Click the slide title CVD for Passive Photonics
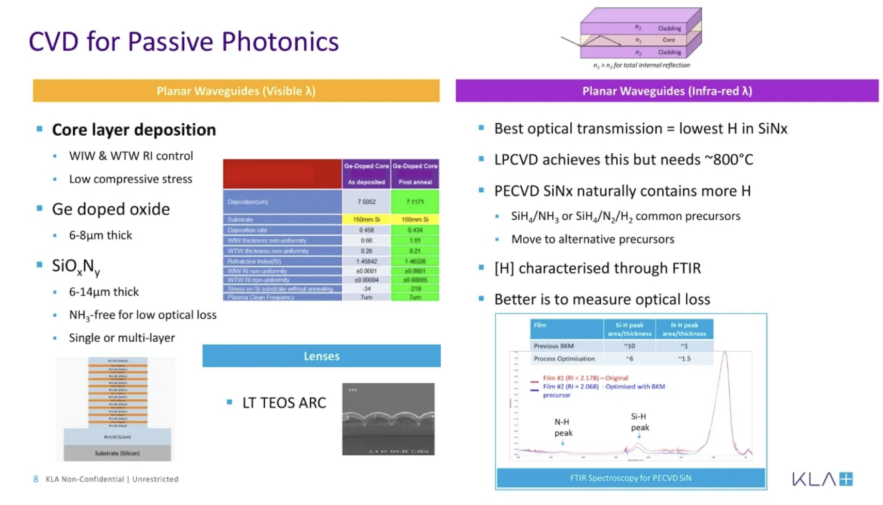click(x=183, y=41)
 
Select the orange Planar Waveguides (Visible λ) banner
click(x=236, y=91)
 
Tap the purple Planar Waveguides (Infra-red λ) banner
click(x=667, y=91)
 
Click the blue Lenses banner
click(x=321, y=356)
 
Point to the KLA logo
click(x=822, y=479)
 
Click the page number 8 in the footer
click(x=36, y=479)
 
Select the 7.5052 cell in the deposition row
click(x=366, y=202)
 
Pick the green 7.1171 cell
click(x=415, y=202)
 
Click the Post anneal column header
click(x=415, y=182)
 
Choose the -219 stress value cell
click(x=415, y=289)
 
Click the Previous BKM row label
click(x=554, y=346)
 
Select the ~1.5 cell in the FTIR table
click(x=684, y=359)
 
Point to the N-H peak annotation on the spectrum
click(x=563, y=428)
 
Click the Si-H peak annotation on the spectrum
click(x=639, y=422)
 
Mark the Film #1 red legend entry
click(x=585, y=378)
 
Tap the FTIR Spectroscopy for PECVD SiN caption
click(x=630, y=478)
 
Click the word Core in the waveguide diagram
click(x=669, y=40)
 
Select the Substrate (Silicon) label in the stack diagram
click(x=117, y=453)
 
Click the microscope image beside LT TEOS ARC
click(x=388, y=419)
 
